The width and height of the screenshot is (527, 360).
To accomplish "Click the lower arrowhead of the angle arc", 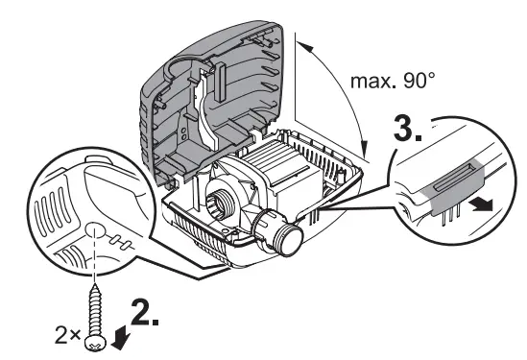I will tap(366, 150).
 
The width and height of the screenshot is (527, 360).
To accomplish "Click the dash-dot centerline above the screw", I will tap(95, 265).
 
